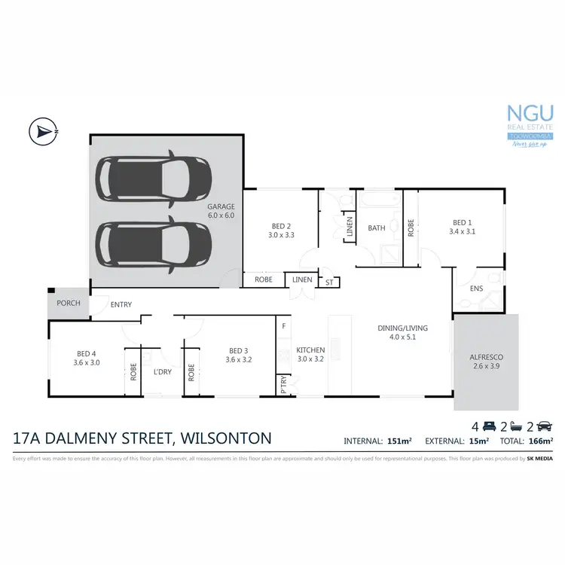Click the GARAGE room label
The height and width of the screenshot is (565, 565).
coord(221,210)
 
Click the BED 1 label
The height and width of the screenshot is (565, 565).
coord(462,227)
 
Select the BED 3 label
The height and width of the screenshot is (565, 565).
coord(237,355)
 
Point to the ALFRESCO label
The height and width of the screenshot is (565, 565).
coord(486,360)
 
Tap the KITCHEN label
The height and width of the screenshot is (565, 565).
coord(310,355)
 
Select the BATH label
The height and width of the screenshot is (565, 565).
coord(377,228)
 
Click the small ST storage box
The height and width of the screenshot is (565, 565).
coord(328,282)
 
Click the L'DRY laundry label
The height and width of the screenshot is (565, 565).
coord(163,371)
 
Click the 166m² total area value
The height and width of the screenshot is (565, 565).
coord(540,441)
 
